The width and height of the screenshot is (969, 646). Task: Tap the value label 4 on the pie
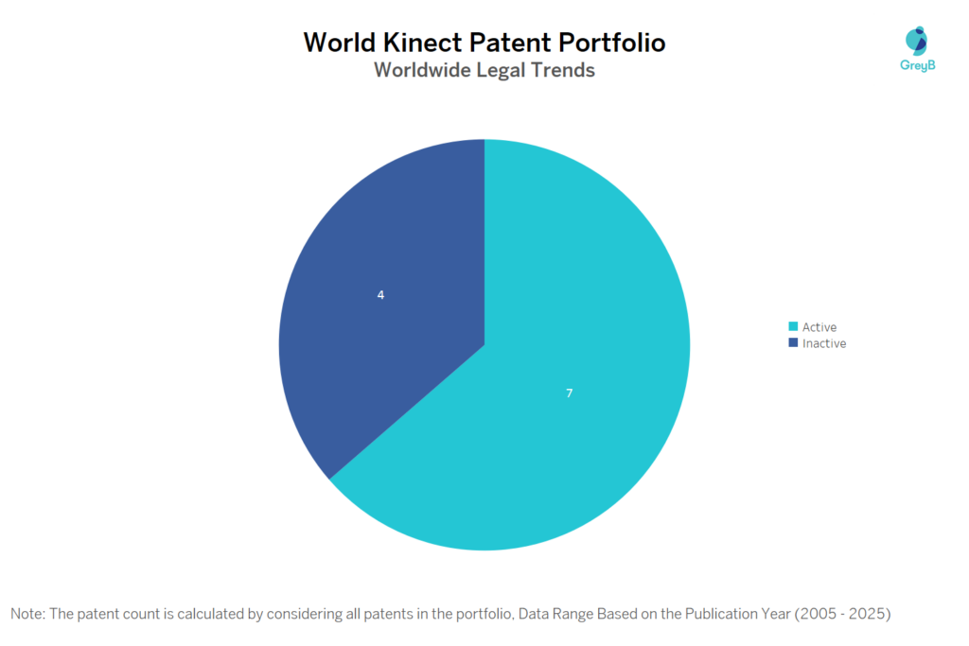tap(380, 295)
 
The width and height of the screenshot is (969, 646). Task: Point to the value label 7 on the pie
tap(569, 393)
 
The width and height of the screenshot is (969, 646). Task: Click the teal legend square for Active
tap(793, 327)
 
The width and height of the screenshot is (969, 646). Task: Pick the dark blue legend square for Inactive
tap(793, 343)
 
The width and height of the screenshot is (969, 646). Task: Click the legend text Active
tap(819, 327)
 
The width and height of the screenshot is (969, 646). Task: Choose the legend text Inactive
tap(824, 343)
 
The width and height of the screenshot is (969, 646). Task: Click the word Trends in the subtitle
tap(564, 70)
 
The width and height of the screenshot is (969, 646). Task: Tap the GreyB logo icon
tap(916, 41)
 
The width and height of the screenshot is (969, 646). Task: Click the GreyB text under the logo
tap(916, 65)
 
